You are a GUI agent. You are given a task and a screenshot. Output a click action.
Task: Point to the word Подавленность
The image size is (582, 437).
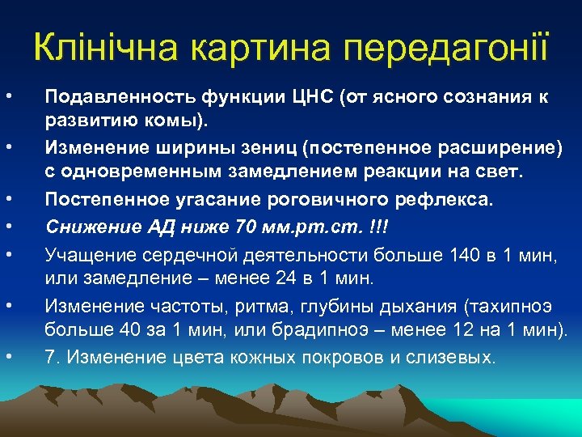[x=112, y=98]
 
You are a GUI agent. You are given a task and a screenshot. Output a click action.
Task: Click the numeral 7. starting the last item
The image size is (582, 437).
[x=53, y=357]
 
